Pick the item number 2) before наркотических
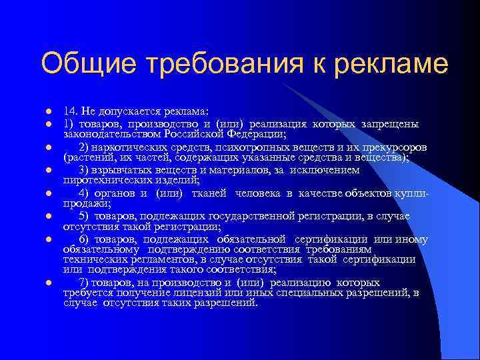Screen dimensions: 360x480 coord(83,147)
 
